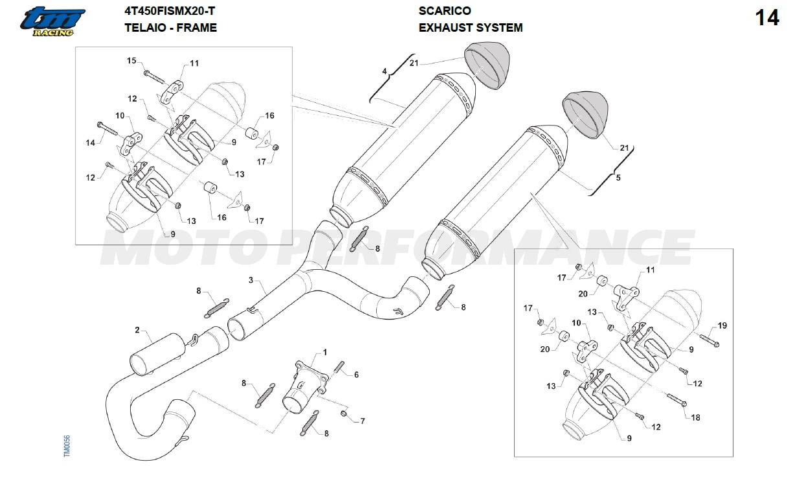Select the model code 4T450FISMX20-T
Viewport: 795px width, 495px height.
[169, 11]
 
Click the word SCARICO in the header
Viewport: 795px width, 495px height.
[445, 11]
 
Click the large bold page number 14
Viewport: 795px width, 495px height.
[767, 18]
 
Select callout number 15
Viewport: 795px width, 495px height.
[131, 61]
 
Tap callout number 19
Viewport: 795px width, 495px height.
[722, 325]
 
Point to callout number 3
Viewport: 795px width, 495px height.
[251, 281]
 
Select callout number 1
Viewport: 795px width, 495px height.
[324, 352]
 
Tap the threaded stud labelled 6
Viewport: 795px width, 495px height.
[339, 370]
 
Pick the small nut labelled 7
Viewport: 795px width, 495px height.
[345, 413]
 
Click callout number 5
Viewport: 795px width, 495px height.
[618, 177]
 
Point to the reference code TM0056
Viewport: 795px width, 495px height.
[67, 446]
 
